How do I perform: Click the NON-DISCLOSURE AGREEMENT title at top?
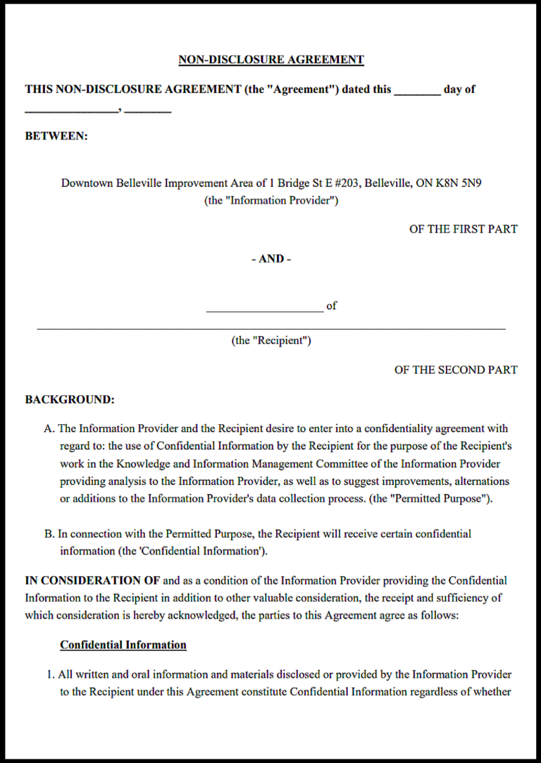pyautogui.click(x=271, y=60)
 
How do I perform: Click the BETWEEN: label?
pyautogui.click(x=56, y=136)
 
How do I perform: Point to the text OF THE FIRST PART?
pyautogui.click(x=463, y=229)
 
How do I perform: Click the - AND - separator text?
pyautogui.click(x=271, y=259)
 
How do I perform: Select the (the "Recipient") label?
pyautogui.click(x=271, y=340)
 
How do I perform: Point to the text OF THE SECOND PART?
pyautogui.click(x=456, y=370)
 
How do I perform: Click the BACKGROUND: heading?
pyautogui.click(x=70, y=399)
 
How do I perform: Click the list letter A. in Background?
pyautogui.click(x=49, y=428)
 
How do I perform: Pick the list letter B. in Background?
pyautogui.click(x=49, y=534)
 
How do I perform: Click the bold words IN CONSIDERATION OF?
pyautogui.click(x=92, y=581)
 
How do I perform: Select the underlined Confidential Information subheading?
pyautogui.click(x=123, y=645)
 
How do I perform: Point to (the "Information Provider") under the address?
pyautogui.click(x=271, y=200)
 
